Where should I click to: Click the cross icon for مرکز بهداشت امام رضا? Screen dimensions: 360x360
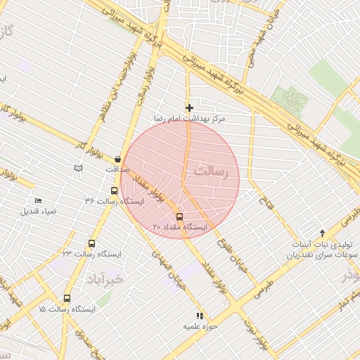pos(189,108)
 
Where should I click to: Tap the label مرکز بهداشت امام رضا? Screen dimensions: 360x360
pos(189,120)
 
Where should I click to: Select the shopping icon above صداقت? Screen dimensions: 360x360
pos(117,160)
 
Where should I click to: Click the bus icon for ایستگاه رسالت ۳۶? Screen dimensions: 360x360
pos(114,191)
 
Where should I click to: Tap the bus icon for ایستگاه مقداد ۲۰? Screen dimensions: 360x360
pos(179,217)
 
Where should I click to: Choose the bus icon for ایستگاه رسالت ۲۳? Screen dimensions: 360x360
pos(91,243)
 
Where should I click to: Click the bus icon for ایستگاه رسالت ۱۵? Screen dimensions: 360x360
pos(67,298)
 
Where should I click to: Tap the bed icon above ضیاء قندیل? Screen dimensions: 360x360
pos(38,200)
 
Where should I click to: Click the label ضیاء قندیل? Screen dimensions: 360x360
pos(38,211)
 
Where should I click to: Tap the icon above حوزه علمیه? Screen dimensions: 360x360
pos(200,316)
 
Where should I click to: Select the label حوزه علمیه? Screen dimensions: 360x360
pos(201,326)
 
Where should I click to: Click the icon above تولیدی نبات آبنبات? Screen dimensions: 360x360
pos(323,233)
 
